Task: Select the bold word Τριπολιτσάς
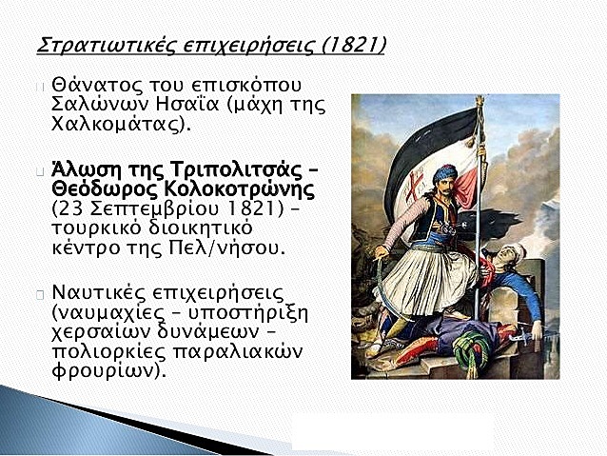click(x=215, y=170)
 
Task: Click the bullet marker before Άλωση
click(x=39, y=172)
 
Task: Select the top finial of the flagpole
click(x=480, y=103)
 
